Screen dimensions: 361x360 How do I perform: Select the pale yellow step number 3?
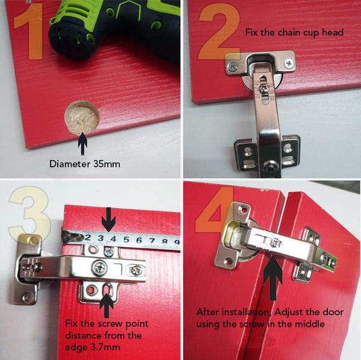(30, 213)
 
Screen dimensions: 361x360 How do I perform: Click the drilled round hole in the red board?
(82, 117)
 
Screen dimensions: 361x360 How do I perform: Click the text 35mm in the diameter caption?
(106, 164)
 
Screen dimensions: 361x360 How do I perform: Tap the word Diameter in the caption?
(70, 164)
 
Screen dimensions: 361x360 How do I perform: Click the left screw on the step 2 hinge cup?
(233, 67)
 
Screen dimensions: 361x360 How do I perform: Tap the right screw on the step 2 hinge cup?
(289, 63)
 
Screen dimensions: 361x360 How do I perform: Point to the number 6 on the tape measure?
(138, 240)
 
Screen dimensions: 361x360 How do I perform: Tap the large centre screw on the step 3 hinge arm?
(100, 268)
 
